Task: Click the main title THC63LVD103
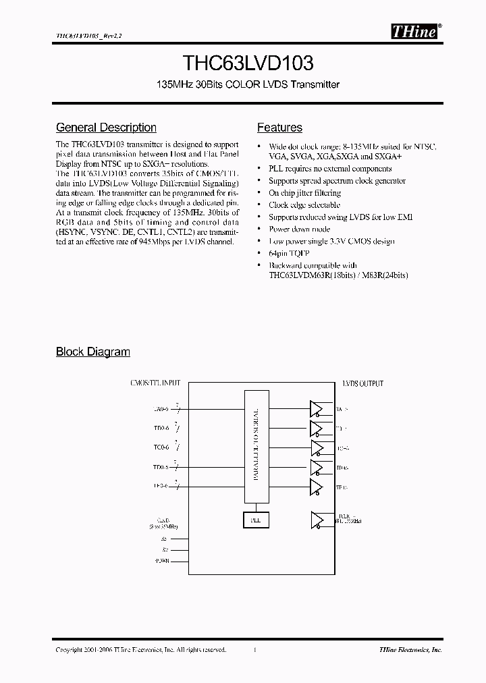(x=248, y=64)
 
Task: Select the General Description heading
(x=106, y=128)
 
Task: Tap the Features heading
(x=279, y=128)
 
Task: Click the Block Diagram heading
(x=92, y=352)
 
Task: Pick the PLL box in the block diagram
(x=255, y=520)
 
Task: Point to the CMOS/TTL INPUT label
(x=155, y=383)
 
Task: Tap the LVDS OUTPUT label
(x=362, y=383)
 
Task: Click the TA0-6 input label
(x=161, y=408)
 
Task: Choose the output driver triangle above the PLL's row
(x=317, y=487)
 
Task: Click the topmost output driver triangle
(x=317, y=408)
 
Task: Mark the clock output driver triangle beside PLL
(x=317, y=520)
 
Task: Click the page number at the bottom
(x=255, y=649)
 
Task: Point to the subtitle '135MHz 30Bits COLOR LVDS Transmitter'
(x=248, y=85)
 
